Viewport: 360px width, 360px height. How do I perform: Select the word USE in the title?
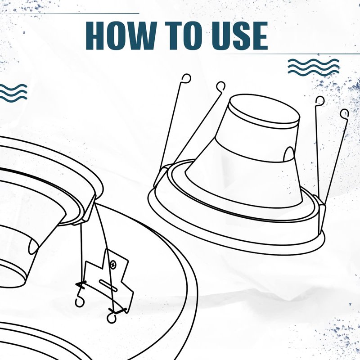240,36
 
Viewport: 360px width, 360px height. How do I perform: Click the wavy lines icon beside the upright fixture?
313,67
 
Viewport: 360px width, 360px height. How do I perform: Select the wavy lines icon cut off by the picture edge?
13,93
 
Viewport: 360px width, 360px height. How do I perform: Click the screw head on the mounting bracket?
113,265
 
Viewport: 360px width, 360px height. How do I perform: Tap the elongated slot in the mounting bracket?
108,286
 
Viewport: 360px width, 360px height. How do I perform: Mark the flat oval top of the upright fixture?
265,109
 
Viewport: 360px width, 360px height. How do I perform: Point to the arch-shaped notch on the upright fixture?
289,155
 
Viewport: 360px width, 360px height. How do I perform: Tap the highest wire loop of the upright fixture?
186,78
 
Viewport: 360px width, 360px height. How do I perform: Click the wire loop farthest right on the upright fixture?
344,114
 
